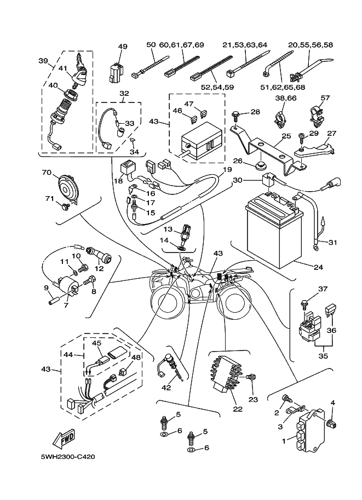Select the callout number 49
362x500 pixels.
(x=122, y=47)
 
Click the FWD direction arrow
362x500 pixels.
(x=64, y=439)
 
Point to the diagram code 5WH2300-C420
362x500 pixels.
(x=64, y=456)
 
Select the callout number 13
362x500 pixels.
(x=168, y=229)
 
